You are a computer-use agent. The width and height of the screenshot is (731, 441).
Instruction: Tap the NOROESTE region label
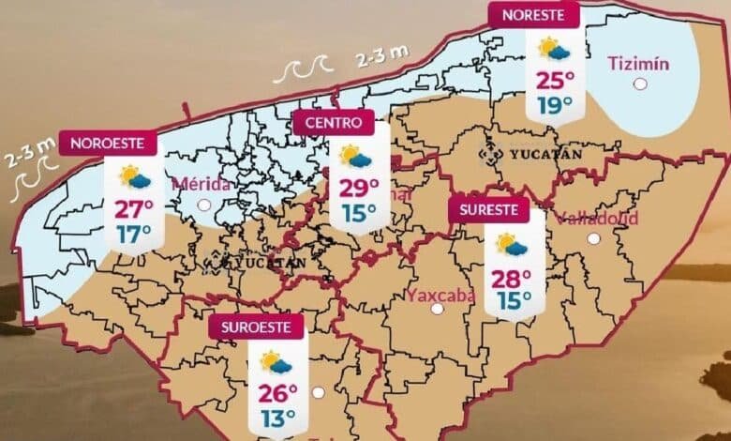pos(107,143)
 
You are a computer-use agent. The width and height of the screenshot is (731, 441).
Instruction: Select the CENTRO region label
pos(333,122)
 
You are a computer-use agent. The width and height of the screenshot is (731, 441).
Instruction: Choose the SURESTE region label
pos(488,210)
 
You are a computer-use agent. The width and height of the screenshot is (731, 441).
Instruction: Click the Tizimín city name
pos(638,64)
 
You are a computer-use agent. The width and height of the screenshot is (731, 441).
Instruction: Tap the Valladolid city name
pos(597,219)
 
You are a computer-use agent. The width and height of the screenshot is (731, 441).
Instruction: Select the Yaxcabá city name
pos(441,296)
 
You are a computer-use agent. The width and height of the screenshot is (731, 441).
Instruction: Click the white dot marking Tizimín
pos(641,84)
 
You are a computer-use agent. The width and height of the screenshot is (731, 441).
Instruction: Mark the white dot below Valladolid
pos(593,238)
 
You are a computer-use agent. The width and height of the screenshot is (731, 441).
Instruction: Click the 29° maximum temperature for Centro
pos(359,188)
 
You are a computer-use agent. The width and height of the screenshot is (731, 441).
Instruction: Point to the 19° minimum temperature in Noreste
pos(556,105)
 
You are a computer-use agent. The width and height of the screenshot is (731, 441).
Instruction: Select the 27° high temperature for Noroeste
pos(134,208)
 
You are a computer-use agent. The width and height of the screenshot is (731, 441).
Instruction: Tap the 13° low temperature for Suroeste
pos(278,416)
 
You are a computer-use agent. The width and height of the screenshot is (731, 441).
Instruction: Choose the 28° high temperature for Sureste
pos(513,278)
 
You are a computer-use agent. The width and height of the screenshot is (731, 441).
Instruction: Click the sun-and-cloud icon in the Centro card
pos(356,156)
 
